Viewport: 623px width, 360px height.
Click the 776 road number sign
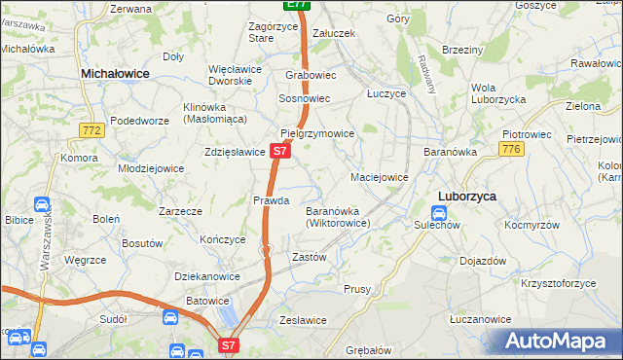(x=511, y=148)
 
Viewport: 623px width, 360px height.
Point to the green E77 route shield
(x=298, y=5)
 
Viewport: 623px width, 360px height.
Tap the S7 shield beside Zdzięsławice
(x=279, y=152)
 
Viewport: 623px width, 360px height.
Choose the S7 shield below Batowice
(x=227, y=343)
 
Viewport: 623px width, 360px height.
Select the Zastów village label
(x=310, y=257)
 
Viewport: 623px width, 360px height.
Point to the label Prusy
(x=357, y=289)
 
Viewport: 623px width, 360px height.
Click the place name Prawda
(x=272, y=200)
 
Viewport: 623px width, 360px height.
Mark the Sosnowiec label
(x=305, y=99)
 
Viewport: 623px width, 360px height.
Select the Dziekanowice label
(x=207, y=276)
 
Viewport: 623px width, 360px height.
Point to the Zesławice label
(x=303, y=319)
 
